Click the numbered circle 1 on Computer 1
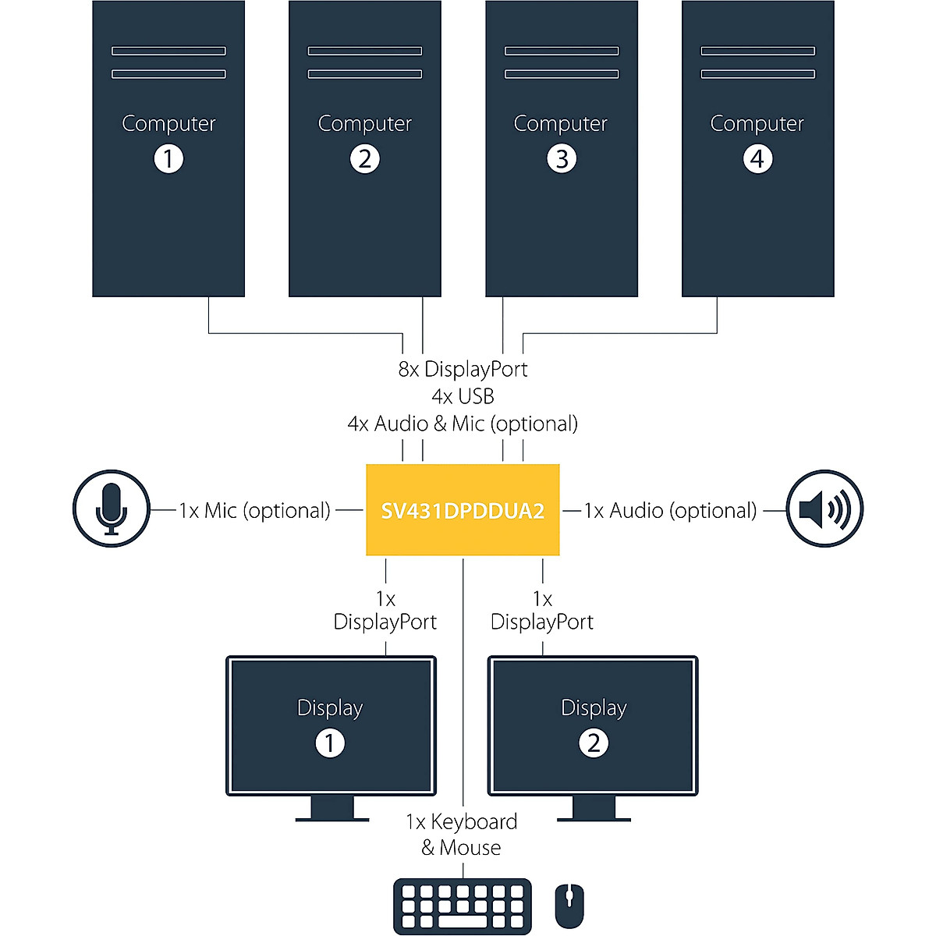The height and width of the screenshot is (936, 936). pos(168,159)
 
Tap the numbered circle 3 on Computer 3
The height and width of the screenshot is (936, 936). pos(562,159)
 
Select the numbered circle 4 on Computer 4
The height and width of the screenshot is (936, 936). pos(757,159)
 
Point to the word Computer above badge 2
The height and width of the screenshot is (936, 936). pos(365,123)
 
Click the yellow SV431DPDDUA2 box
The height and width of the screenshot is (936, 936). pos(463,510)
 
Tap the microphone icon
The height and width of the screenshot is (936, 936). pos(112,509)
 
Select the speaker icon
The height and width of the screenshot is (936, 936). pos(824,509)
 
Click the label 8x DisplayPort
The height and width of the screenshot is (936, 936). pos(463,369)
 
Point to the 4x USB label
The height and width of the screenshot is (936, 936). pos(463,396)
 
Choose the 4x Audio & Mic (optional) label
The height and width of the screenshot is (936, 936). pos(463,424)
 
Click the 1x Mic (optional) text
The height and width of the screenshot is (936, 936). pos(255,510)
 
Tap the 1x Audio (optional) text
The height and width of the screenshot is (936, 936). pos(671,510)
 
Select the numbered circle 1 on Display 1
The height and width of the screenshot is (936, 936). pos(330,743)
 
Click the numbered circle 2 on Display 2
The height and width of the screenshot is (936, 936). pos(594,743)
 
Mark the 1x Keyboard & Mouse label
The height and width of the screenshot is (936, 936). pos(462,834)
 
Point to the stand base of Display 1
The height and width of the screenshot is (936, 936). pos(332,819)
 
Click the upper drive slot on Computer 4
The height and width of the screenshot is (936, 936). pos(757,51)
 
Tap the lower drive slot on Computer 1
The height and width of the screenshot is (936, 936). pos(168,74)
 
